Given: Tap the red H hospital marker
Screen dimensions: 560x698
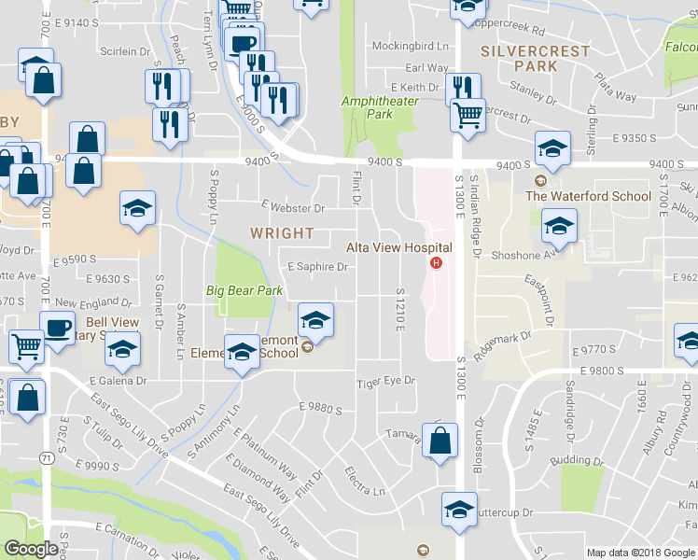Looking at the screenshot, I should coord(434,262).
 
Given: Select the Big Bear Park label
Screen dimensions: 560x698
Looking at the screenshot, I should coord(244,290).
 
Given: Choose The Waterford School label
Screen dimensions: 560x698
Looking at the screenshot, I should coord(588,196).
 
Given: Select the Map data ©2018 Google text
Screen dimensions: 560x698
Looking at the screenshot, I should coord(640,553).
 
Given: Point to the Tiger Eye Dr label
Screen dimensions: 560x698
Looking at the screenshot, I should coord(384,381).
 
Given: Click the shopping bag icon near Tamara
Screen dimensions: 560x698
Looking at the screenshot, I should coord(441,441).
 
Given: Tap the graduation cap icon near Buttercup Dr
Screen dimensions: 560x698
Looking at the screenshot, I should coord(458,509).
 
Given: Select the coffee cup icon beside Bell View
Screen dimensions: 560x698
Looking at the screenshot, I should coord(57,329).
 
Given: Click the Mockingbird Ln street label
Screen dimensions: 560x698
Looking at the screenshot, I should coord(411,45).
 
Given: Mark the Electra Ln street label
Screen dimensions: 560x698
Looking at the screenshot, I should coord(365,483).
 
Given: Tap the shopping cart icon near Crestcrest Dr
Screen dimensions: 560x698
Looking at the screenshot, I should coord(468,115).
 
